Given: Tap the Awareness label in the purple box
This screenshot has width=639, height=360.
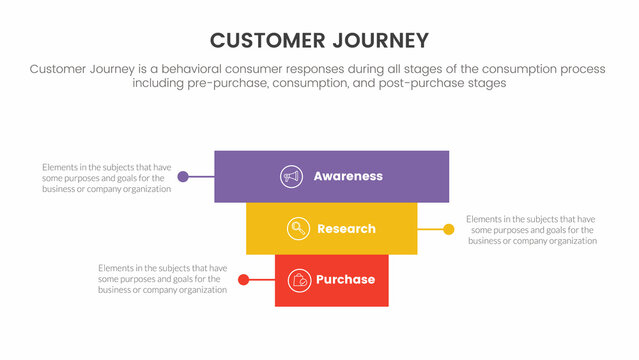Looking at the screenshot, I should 348,176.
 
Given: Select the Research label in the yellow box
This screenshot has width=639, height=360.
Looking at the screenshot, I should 346,229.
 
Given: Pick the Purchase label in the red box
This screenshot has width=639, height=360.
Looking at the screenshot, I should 345,280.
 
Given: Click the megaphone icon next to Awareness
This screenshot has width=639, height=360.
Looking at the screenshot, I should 292,176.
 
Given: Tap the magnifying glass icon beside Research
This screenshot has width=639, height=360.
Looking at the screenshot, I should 297,229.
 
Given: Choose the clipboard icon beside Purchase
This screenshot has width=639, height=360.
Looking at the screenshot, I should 298,280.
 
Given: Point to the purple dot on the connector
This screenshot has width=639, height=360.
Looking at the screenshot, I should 183,177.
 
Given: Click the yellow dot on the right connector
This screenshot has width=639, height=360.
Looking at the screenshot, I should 448,229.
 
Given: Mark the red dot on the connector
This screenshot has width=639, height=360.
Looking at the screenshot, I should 243,280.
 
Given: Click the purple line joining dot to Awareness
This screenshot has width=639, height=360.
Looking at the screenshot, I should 201,177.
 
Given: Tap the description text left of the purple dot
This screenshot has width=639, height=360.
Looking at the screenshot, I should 106,177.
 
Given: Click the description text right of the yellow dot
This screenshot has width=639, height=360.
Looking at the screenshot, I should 532,229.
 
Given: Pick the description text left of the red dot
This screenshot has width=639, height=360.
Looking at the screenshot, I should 162,279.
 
